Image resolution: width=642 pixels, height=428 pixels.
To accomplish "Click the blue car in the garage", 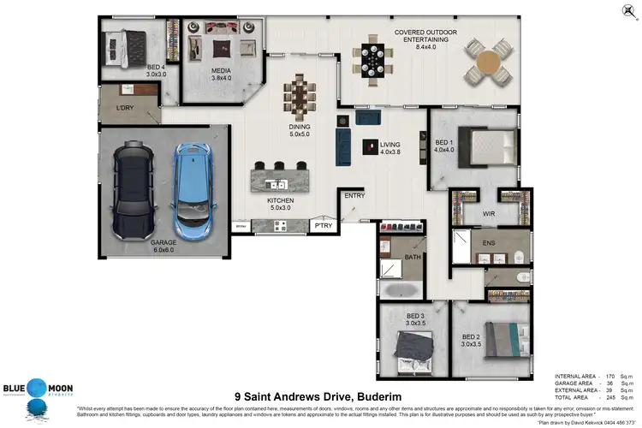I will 192,190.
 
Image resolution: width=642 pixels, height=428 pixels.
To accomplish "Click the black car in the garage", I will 134,180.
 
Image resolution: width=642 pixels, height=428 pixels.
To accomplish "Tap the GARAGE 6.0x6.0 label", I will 163,247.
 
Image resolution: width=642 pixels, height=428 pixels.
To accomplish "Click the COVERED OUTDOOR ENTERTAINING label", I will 425,37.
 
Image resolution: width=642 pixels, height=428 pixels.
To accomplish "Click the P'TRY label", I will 323,227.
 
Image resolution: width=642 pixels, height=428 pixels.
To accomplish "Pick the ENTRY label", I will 354,196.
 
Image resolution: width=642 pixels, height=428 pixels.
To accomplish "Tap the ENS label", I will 490,244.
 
